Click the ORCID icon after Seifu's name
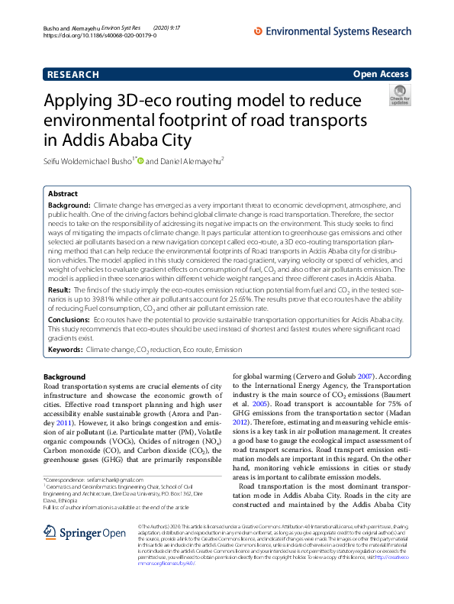pos(140,161)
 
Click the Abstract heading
pos(63,195)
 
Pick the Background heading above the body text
pos(64,377)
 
